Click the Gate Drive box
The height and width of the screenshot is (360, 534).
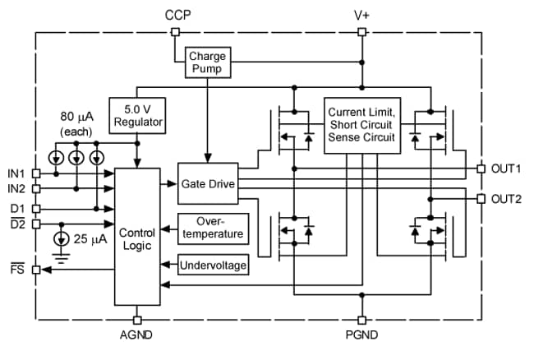[207, 185]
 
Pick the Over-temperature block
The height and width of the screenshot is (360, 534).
[211, 228]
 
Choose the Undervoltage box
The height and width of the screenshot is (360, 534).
[213, 265]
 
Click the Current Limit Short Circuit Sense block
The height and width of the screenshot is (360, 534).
[361, 124]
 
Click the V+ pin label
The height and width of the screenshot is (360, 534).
[361, 15]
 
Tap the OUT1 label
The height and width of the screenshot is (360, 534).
[507, 168]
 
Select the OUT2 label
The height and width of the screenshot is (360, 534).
[507, 199]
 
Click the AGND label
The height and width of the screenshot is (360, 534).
[136, 335]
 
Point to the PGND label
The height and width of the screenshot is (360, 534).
[361, 335]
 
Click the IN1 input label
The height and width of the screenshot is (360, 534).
[16, 173]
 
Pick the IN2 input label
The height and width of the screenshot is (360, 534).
[16, 189]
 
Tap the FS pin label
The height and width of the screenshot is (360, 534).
[15, 268]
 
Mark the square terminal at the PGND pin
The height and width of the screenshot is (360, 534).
[361, 319]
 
